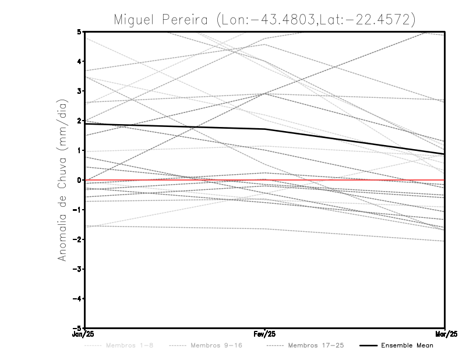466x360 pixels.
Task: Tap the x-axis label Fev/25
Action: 265,334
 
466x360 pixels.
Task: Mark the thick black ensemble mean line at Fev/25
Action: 265,129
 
